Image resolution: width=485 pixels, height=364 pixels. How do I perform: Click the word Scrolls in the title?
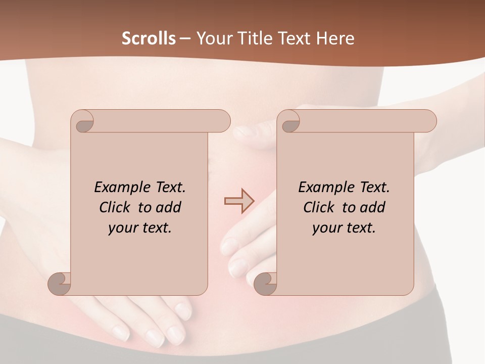149,38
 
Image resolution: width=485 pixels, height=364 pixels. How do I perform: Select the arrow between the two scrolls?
239,201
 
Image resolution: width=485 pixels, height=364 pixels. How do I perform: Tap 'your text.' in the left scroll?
140,227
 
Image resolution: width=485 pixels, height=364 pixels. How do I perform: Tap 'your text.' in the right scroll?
344,227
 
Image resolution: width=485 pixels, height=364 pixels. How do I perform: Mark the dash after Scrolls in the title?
185,38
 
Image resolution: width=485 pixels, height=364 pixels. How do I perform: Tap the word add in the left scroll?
169,207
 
